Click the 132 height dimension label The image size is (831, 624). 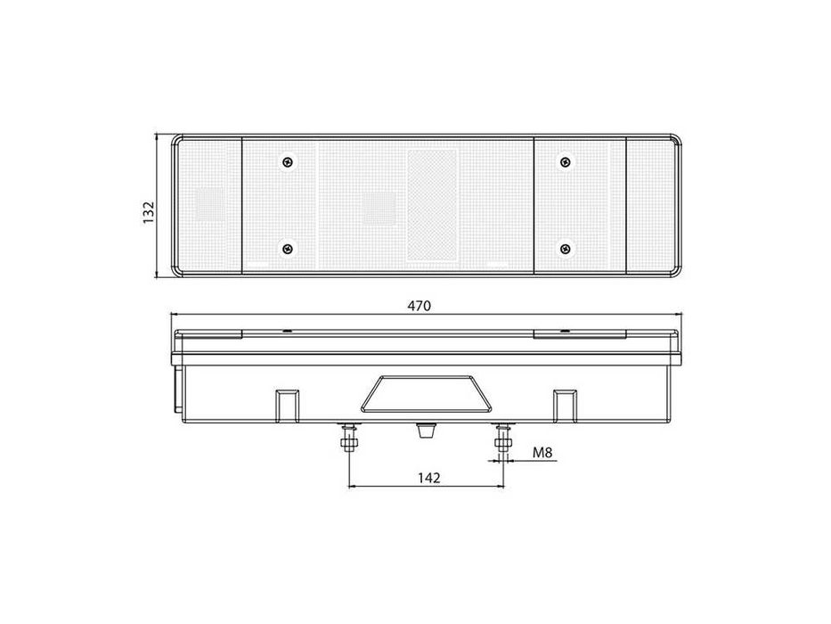coord(149,212)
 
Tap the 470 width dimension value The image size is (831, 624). coord(420,306)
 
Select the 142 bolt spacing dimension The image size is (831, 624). coord(428,478)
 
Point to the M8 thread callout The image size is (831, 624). coord(542,453)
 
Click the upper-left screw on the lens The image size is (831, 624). coord(288,161)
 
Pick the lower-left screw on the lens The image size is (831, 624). coord(288,248)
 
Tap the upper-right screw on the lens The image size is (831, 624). coord(566,161)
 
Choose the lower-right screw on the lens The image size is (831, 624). coord(566,248)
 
